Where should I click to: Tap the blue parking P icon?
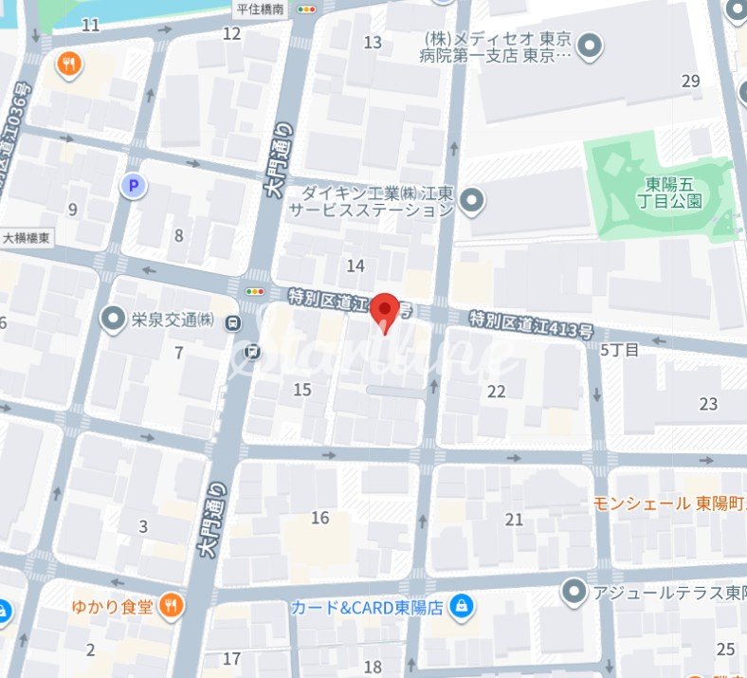tap(133, 185)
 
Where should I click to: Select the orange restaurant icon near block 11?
tap(70, 64)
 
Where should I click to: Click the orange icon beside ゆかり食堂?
tap(170, 605)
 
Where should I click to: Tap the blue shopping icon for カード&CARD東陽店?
tap(461, 605)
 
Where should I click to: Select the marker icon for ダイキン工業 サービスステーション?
tap(472, 201)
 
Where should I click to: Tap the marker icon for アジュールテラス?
tap(574, 593)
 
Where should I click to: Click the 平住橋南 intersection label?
tap(261, 9)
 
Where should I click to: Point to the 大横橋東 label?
tap(27, 237)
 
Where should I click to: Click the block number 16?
tap(320, 518)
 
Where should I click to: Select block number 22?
tap(497, 392)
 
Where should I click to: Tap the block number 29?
tap(690, 82)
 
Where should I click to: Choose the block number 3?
tap(143, 526)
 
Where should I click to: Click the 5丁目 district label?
tap(620, 349)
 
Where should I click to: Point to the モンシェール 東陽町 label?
tap(669, 503)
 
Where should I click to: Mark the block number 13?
tap(373, 42)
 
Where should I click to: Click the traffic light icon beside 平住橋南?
tap(306, 9)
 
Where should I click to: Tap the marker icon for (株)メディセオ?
tap(591, 45)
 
